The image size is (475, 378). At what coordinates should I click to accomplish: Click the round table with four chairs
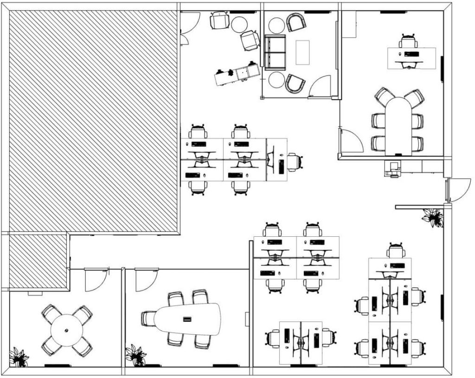pos(66,330)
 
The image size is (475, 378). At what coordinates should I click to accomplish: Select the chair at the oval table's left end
pos(148,319)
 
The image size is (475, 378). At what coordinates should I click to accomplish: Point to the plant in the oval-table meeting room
pos(135,355)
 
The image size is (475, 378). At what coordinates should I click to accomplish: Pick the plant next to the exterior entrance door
pos(433,217)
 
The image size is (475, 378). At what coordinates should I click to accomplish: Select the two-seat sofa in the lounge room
pos(275,52)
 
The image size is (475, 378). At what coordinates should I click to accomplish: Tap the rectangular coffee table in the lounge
pos(302,52)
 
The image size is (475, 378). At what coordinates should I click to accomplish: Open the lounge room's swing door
pos(321,87)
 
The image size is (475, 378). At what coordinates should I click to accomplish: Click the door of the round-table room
pos(96,280)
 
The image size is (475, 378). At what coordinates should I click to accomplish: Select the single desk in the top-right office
pos(411,58)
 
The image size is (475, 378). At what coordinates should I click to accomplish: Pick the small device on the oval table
pos(187,319)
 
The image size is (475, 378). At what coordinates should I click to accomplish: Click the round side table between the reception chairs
pos(239,24)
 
